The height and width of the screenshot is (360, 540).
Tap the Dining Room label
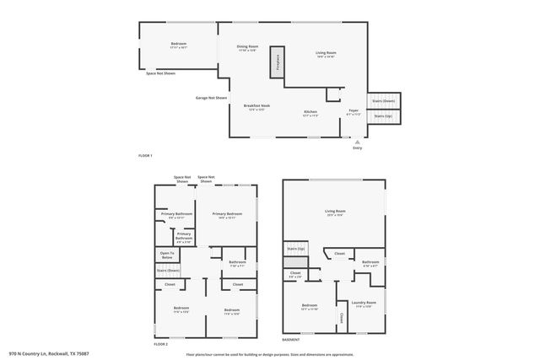click(x=247, y=48)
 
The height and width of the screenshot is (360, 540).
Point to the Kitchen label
click(x=310, y=112)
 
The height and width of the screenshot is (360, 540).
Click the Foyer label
click(x=354, y=112)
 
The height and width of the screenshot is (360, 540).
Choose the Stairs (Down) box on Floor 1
click(x=383, y=100)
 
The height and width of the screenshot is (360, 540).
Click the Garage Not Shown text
click(x=212, y=98)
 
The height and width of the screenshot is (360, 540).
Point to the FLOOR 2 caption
click(x=160, y=345)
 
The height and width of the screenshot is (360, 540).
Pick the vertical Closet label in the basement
click(x=341, y=318)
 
